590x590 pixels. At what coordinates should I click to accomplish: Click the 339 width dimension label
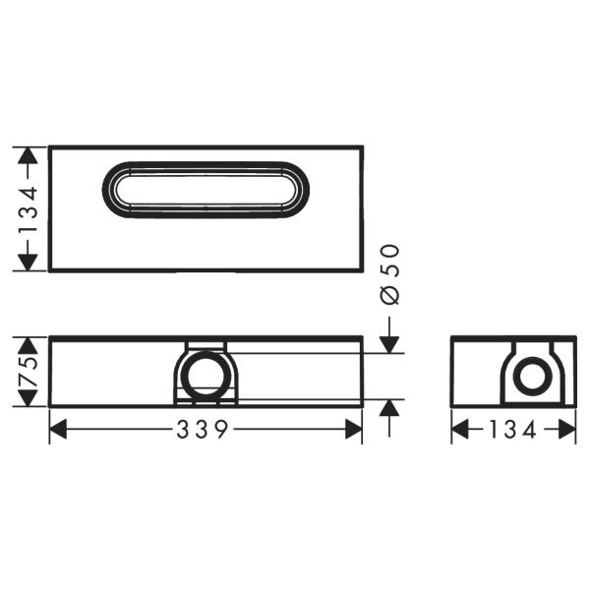point(202,430)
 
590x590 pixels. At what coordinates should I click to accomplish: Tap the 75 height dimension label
point(29,372)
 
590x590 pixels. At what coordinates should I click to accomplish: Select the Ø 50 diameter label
point(389,274)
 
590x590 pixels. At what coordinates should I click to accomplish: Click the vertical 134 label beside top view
point(29,208)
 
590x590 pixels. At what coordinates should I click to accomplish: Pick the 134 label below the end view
point(512,430)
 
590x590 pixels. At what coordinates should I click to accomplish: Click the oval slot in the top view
point(206,163)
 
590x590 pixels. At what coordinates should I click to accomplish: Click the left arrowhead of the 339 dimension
point(58,430)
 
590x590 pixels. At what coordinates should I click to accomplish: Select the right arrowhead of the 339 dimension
point(354,430)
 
